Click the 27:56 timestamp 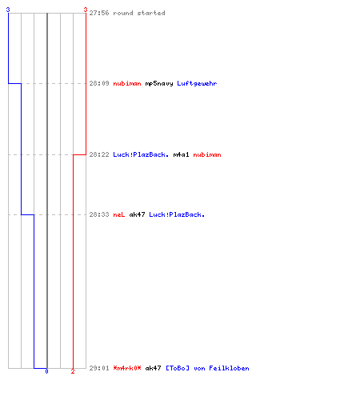[99, 13]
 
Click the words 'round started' [139, 13]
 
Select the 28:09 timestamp [99, 83]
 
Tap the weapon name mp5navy [159, 84]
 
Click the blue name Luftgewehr [197, 84]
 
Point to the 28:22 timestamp [99, 154]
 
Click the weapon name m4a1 [181, 154]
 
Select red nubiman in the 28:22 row [207, 154]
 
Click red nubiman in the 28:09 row [127, 83]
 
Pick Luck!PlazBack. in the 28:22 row [141, 154]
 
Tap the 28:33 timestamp [99, 214]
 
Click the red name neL [119, 214]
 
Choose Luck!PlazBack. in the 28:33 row [177, 214]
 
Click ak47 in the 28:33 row [137, 214]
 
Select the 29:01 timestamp [99, 368]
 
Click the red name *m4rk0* [127, 368]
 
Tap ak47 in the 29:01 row [153, 368]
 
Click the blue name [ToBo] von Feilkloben [207, 368]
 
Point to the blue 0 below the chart [46, 371]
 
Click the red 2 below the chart [73, 371]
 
